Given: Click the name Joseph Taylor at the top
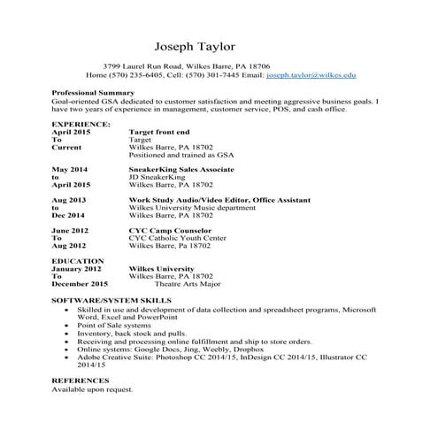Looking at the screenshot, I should (x=196, y=46).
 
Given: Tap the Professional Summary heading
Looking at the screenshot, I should (x=93, y=93).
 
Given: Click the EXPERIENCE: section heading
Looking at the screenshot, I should (x=81, y=124).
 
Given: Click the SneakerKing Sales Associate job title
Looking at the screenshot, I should (x=181, y=169).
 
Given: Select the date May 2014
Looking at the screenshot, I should (x=70, y=169).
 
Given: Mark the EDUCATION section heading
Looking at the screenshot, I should (x=78, y=262).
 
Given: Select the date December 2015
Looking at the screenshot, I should (x=80, y=285).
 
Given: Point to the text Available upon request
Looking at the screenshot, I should (x=92, y=389).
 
